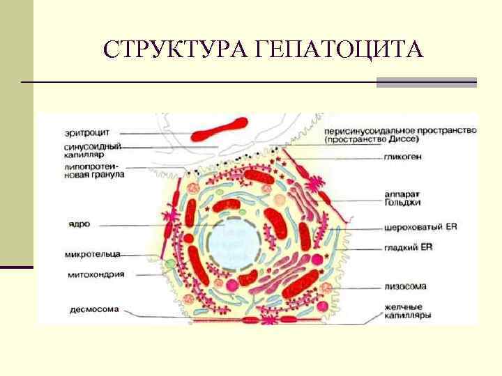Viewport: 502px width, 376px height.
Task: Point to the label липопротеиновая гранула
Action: pyautogui.click(x=83, y=171)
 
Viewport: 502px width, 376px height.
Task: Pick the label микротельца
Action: pyautogui.click(x=84, y=254)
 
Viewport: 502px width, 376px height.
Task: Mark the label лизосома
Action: pyautogui.click(x=404, y=285)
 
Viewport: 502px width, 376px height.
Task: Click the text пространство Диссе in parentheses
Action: pyautogui.click(x=381, y=139)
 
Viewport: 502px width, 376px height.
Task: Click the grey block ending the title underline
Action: pyautogui.click(x=426, y=82)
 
